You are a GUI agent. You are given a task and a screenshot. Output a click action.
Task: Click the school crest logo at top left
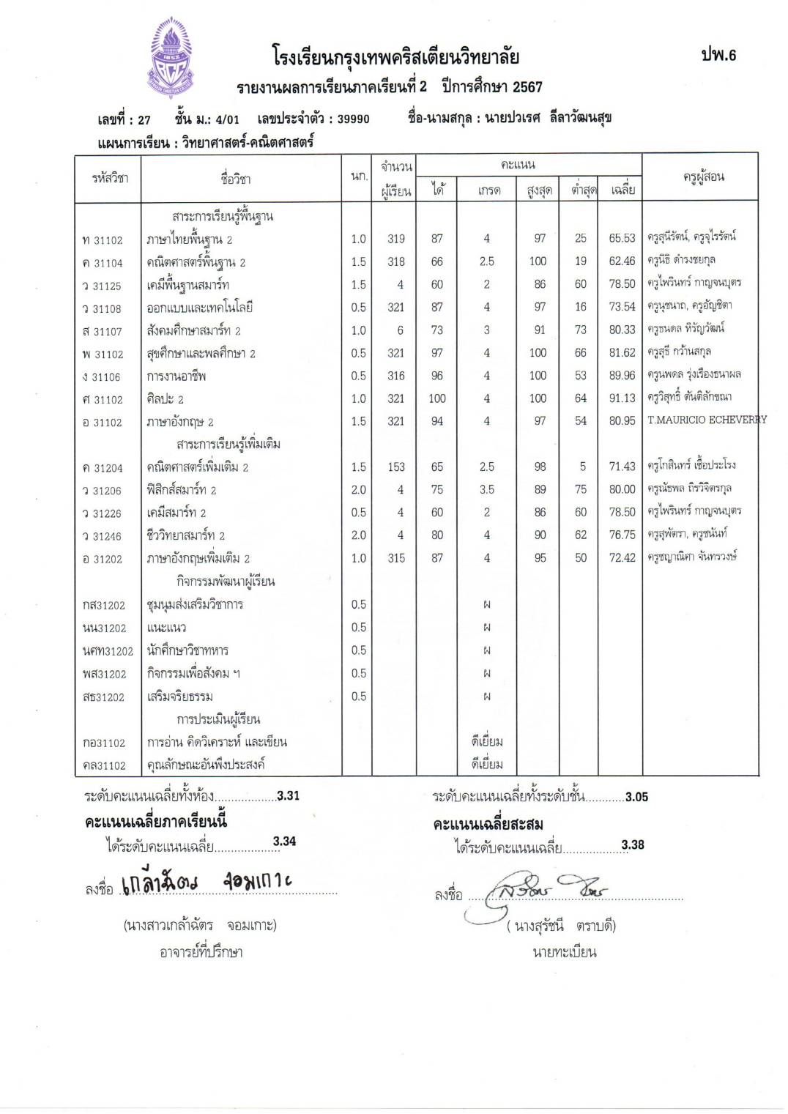click(x=175, y=59)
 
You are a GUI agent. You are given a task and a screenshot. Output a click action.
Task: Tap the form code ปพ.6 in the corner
click(x=718, y=55)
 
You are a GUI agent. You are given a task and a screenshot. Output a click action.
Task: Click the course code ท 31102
click(x=103, y=240)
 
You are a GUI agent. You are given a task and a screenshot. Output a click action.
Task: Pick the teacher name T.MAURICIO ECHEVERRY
click(x=707, y=420)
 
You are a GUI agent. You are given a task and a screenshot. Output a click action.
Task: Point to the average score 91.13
click(x=622, y=399)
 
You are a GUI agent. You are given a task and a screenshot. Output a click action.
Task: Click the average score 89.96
click(x=622, y=376)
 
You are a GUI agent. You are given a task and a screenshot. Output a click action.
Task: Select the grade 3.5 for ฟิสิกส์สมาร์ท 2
click(x=486, y=490)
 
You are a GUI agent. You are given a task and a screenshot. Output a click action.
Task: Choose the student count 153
click(x=396, y=467)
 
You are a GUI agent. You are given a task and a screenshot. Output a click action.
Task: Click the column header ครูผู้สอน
click(x=703, y=177)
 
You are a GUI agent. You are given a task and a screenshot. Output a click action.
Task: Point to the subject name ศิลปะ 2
click(x=166, y=399)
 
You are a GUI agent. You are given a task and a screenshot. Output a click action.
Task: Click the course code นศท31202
click(x=108, y=651)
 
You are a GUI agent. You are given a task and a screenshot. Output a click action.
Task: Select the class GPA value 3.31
click(x=289, y=796)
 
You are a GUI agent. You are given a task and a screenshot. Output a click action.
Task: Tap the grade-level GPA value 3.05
click(x=636, y=797)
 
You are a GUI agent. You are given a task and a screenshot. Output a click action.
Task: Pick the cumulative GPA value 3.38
click(x=633, y=845)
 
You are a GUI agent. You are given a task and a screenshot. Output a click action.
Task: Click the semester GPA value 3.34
click(x=284, y=842)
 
